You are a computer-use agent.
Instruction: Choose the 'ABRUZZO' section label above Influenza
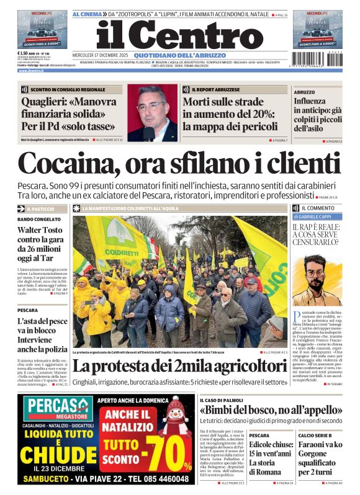coord(305,91)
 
